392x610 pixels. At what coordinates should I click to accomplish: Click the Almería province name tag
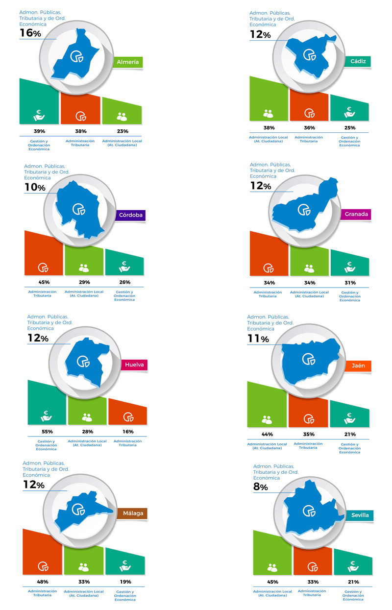(127, 62)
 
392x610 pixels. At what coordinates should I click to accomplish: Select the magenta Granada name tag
(356, 214)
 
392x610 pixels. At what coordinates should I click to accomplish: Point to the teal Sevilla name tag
(360, 515)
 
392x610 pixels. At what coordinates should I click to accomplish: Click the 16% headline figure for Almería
(30, 33)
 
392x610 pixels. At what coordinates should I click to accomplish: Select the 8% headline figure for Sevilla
(261, 487)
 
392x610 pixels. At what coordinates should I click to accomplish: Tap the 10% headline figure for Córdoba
(35, 188)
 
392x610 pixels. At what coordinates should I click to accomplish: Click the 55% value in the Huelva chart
(48, 432)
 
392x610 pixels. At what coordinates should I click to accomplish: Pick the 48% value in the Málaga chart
(42, 582)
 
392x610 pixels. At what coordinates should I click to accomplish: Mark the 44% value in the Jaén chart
(267, 435)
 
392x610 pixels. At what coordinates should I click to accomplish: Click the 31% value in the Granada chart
(350, 283)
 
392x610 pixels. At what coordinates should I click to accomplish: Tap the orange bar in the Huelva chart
(127, 413)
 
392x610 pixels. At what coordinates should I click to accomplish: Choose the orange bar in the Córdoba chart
(44, 255)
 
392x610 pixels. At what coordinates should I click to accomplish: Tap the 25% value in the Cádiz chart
(350, 128)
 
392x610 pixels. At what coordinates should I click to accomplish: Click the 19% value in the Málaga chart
(125, 582)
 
